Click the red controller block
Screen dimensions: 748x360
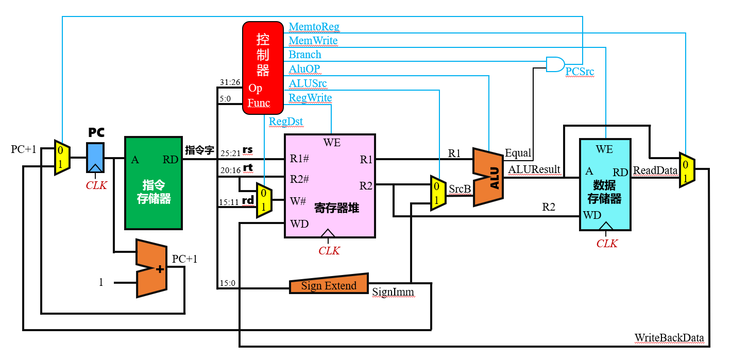[263, 68]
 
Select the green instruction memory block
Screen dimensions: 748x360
[154, 183]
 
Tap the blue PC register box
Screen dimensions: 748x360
[95, 158]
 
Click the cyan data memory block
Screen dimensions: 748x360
[605, 185]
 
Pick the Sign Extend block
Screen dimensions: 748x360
[329, 284]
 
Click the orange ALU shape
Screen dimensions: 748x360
[488, 177]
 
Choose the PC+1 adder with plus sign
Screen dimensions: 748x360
[151, 268]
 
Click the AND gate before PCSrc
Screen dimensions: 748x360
[555, 64]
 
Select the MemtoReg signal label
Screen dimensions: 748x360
[314, 26]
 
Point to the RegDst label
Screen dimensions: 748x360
[286, 122]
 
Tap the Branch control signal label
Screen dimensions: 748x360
[305, 55]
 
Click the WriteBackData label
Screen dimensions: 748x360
[669, 338]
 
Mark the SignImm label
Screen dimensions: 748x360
[393, 292]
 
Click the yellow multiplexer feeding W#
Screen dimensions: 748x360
[264, 200]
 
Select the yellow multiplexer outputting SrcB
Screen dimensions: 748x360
[438, 193]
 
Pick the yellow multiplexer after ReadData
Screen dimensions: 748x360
[687, 170]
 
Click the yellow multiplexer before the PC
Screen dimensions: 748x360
[62, 157]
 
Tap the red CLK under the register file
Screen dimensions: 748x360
[329, 250]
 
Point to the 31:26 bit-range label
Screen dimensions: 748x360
[230, 82]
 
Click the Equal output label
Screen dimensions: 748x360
[518, 153]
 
